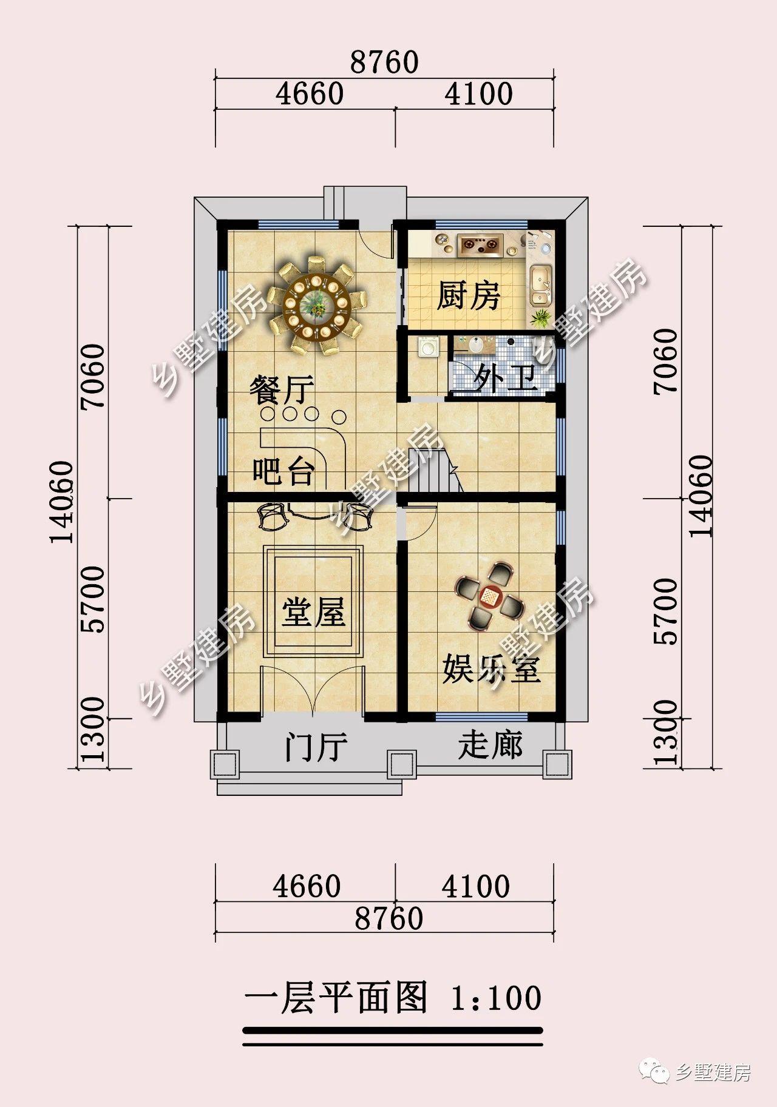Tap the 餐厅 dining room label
click(x=282, y=389)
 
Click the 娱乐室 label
click(x=491, y=668)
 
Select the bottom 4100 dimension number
click(x=476, y=887)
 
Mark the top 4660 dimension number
click(x=310, y=93)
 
